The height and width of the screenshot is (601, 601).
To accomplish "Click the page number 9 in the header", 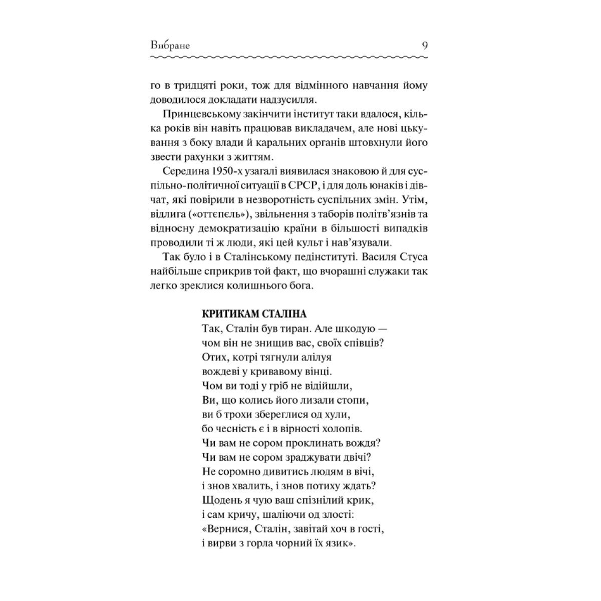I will tap(425, 45).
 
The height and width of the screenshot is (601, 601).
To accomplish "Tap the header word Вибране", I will tap(170, 45).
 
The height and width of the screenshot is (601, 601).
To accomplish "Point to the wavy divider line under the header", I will tap(289, 59).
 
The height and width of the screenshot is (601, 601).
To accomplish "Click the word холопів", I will tap(343, 429).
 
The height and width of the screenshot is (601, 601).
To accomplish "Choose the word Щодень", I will tap(220, 500).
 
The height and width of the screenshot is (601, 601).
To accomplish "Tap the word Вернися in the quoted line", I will tap(226, 529).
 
